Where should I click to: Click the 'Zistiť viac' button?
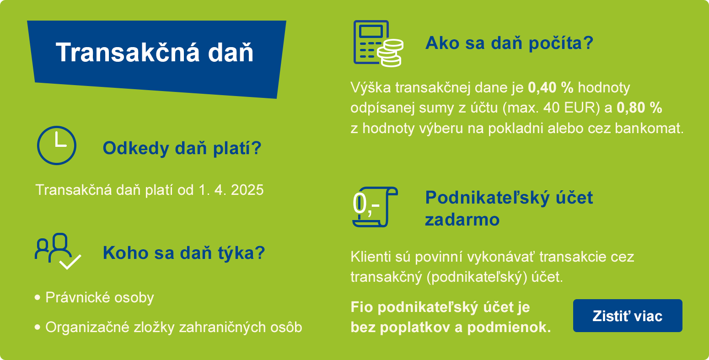[x=627, y=316]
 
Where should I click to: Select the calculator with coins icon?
[x=378, y=43]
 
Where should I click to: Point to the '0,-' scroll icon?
[x=375, y=207]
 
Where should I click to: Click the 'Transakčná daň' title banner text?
[x=155, y=52]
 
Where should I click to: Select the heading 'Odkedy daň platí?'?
[x=182, y=148]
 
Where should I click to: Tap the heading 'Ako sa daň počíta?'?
[x=509, y=43]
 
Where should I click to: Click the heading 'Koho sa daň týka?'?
[x=184, y=253]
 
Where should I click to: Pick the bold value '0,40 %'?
[x=550, y=87]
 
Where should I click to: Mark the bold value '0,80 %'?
[x=639, y=107]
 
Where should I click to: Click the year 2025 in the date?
[x=247, y=190]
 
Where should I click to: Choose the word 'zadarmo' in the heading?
[x=462, y=220]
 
